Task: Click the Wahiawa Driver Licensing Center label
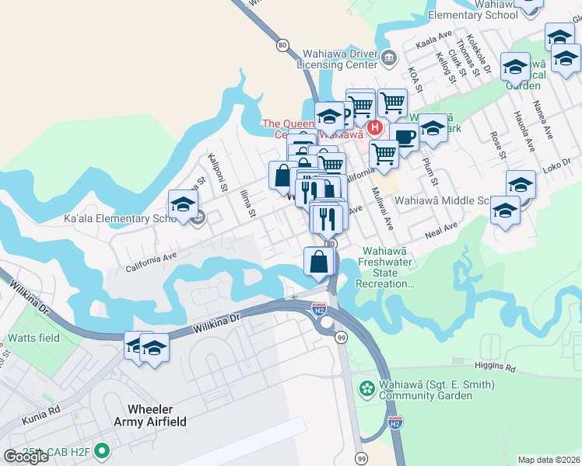pyautogui.click(x=337, y=60)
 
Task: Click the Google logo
pyautogui.click(x=26, y=457)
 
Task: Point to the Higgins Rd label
pyautogui.click(x=494, y=365)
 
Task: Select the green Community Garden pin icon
pyautogui.click(x=366, y=387)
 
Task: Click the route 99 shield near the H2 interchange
pyautogui.click(x=341, y=338)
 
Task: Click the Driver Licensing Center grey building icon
pyautogui.click(x=389, y=56)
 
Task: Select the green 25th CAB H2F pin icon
pyautogui.click(x=101, y=451)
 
